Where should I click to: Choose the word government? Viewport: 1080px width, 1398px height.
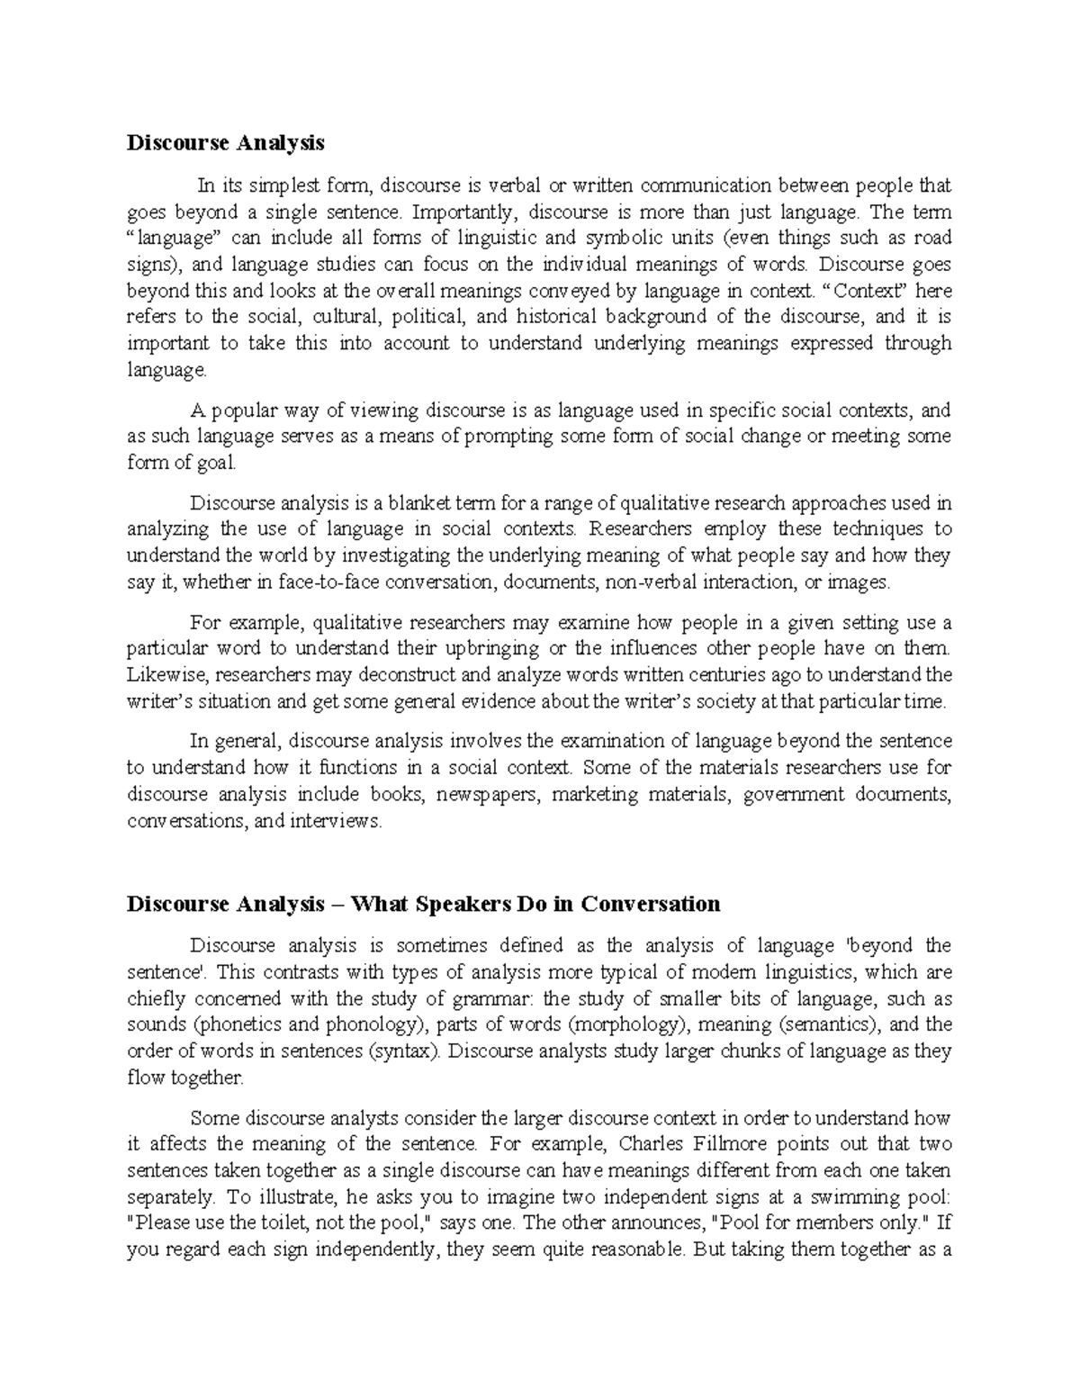click(x=794, y=795)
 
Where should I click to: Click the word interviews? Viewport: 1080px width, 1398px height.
click(x=337, y=821)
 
